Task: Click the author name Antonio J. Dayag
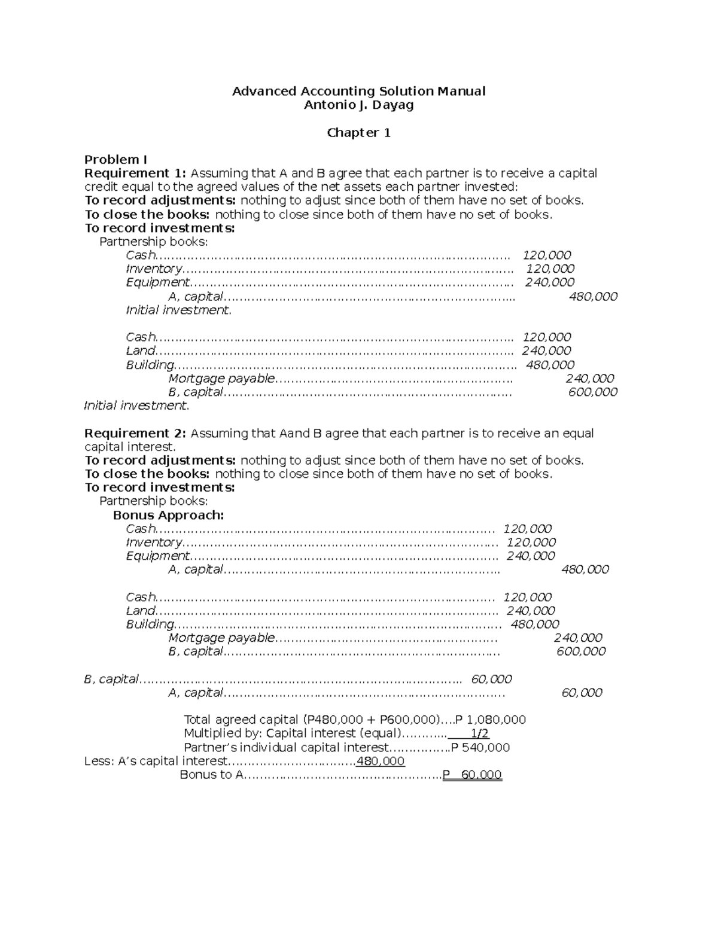(358, 105)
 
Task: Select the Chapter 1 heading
(358, 133)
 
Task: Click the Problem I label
(115, 160)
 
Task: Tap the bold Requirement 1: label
(135, 173)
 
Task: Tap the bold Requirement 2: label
(135, 433)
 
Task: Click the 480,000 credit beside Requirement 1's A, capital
(593, 297)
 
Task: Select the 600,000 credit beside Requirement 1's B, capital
(592, 392)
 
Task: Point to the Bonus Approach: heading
(168, 515)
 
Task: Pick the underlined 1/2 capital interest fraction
(479, 733)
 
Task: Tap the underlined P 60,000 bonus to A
(472, 775)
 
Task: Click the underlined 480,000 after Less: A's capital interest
(380, 762)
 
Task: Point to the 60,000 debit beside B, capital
(491, 679)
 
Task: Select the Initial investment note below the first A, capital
(178, 310)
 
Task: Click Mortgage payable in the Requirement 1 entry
(221, 379)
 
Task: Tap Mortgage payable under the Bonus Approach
(221, 638)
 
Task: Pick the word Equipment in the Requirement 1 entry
(158, 282)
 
